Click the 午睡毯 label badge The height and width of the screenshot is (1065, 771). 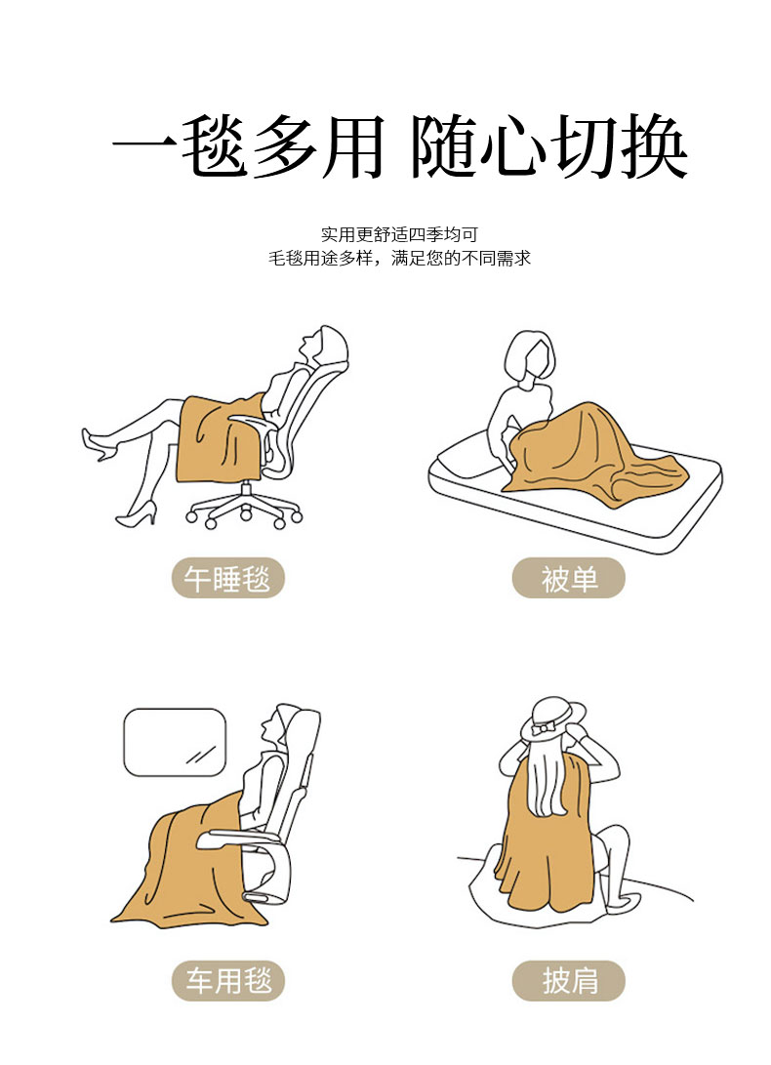point(227,579)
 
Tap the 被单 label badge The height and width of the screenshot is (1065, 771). point(569,579)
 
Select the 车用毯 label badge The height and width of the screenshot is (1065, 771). point(227,981)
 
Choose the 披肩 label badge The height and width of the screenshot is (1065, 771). point(569,981)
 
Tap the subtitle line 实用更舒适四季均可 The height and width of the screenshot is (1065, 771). point(399,234)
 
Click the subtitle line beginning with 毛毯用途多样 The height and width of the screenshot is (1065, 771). point(399,258)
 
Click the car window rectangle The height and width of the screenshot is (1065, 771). point(175,742)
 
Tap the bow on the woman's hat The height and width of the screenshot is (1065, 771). point(544,729)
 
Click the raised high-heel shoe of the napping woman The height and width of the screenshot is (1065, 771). point(100,444)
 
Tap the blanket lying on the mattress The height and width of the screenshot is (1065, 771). point(591,455)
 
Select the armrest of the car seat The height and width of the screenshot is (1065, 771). point(234,838)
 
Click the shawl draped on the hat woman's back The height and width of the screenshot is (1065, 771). point(544,836)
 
